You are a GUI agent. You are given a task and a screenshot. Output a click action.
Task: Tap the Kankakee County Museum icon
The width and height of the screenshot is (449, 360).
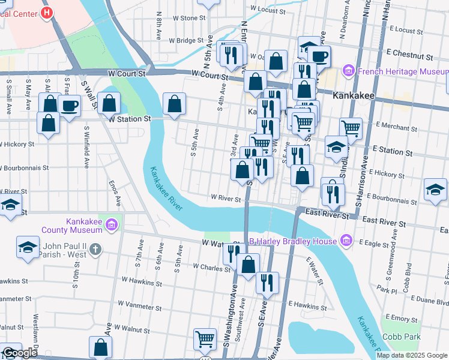[111, 225]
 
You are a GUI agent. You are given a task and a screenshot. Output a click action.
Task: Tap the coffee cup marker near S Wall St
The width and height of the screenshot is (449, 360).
[70, 106]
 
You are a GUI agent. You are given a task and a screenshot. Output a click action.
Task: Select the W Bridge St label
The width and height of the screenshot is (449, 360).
[187, 41]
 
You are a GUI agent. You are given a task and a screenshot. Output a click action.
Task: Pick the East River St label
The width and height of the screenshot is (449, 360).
[327, 213]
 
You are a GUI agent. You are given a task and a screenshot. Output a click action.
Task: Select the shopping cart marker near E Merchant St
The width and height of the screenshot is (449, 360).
[351, 127]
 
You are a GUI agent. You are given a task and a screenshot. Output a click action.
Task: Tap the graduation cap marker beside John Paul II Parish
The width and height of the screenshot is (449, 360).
[27, 247]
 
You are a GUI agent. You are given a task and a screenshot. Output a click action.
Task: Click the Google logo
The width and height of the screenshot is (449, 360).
[20, 353]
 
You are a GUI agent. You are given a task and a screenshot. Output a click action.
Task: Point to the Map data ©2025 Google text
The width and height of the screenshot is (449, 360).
[411, 355]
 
